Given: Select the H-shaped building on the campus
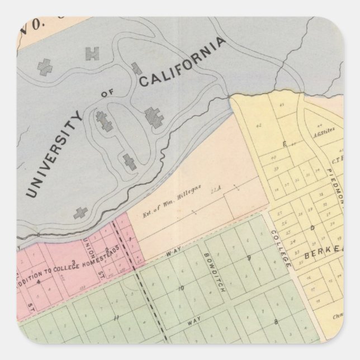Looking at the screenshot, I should coord(91,54).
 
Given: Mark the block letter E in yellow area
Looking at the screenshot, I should coord(285,144).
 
